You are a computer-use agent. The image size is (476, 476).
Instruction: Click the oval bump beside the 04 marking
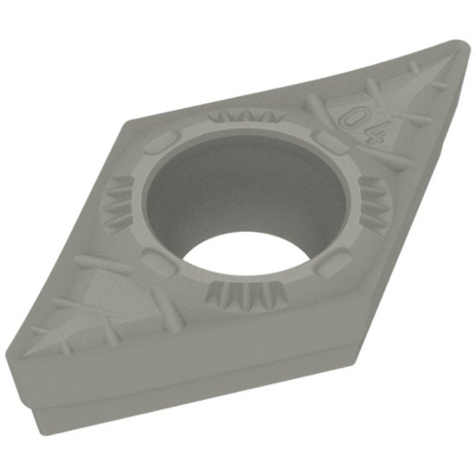coord(326,141)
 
